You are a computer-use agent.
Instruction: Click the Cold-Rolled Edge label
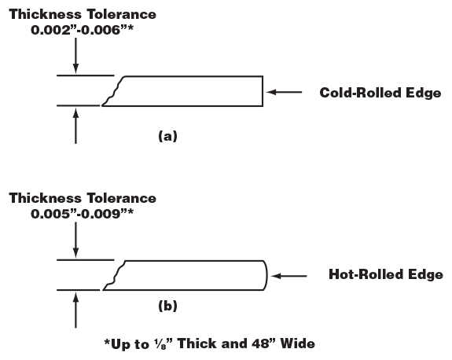pos(380,93)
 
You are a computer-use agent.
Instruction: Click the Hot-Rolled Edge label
pos(385,275)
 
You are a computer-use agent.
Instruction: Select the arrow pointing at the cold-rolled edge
pos(284,92)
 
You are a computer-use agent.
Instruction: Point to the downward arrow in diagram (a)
pos(75,55)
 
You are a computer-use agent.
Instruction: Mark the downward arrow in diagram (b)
pos(75,240)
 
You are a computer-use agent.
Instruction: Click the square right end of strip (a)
pos(261,90)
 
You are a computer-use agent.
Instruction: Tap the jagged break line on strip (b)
pos(115,275)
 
